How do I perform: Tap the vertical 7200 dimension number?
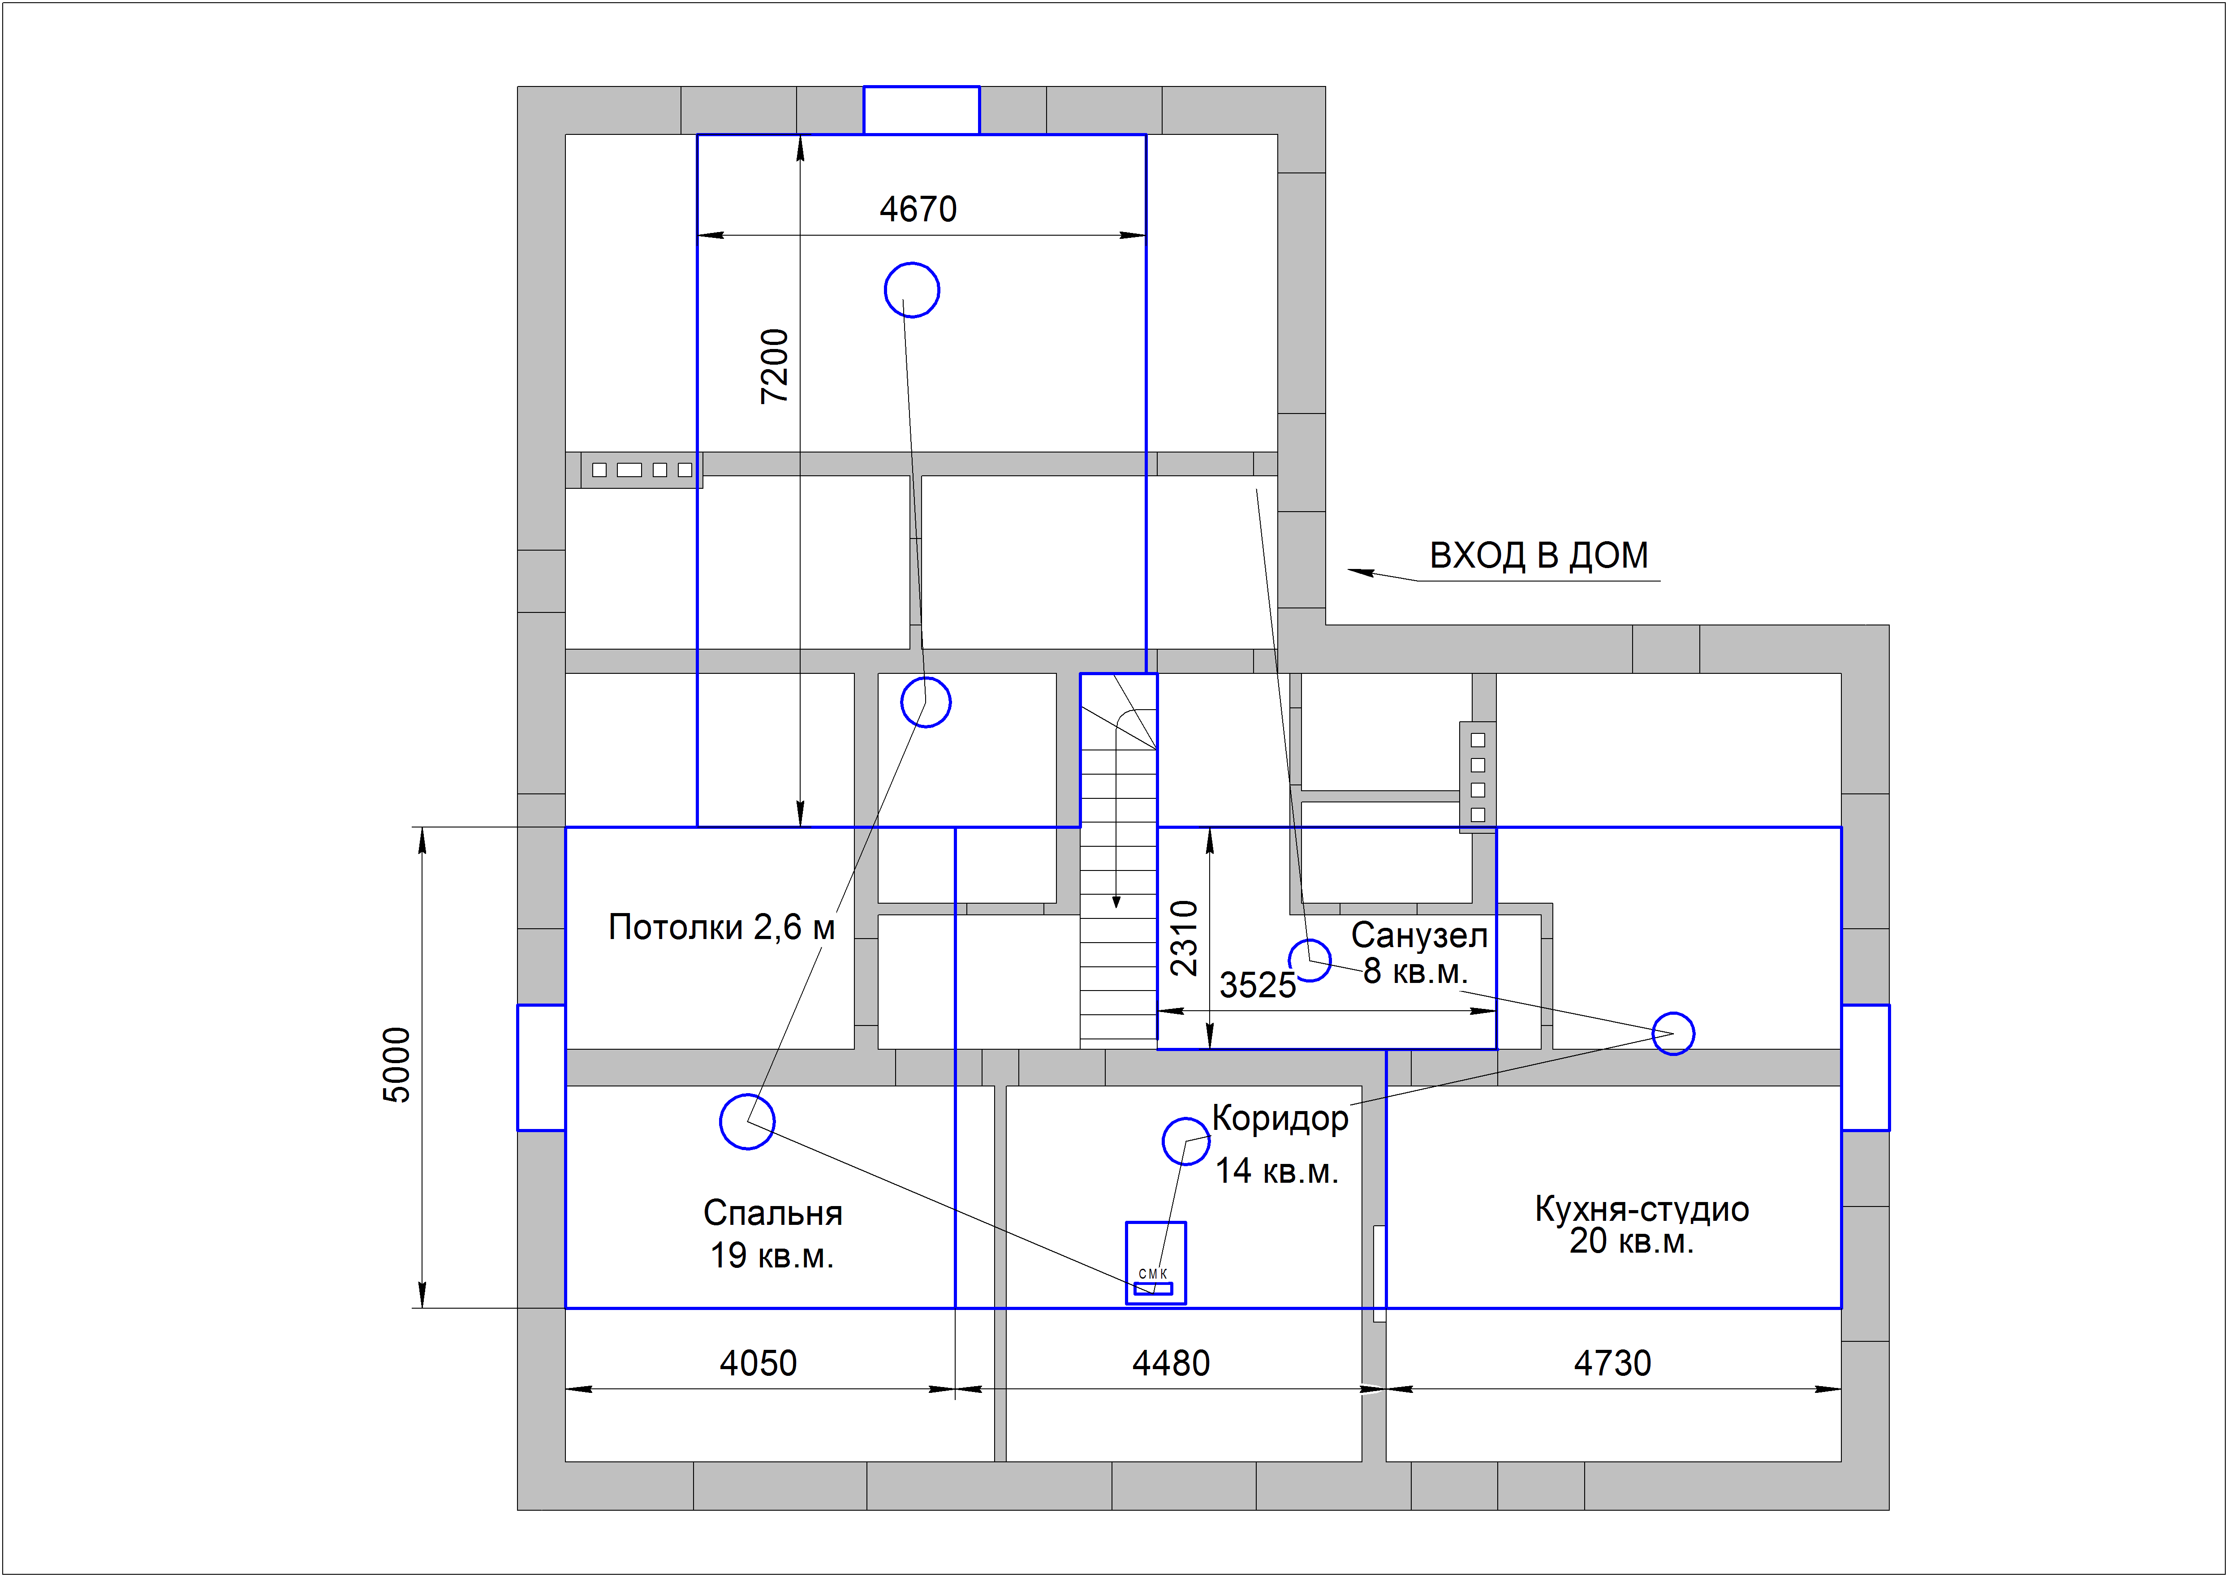(775, 366)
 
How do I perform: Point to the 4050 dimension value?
(758, 1363)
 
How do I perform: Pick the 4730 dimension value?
(1612, 1363)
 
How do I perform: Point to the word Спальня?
(773, 1213)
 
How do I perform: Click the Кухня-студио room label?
(1642, 1209)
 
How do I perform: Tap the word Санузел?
(1419, 935)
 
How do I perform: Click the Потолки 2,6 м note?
(721, 927)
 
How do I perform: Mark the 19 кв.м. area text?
(772, 1256)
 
